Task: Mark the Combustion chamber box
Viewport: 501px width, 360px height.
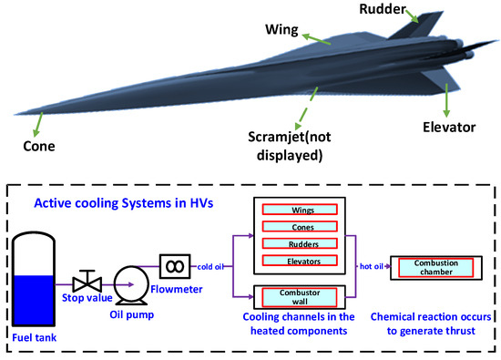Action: point(436,266)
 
